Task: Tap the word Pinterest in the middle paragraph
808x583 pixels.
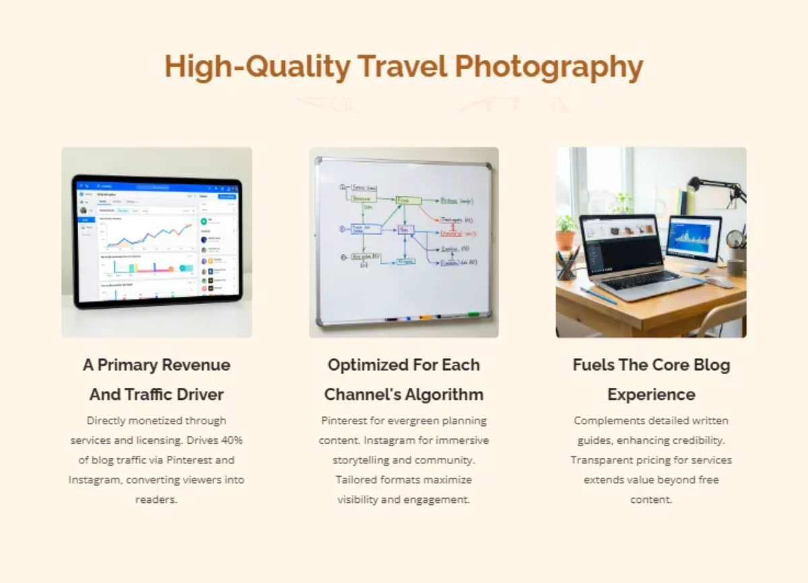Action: (x=348, y=421)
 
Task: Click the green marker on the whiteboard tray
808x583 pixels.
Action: (x=473, y=314)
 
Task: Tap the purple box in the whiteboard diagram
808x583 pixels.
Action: (x=405, y=230)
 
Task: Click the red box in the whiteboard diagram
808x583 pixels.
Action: (x=450, y=233)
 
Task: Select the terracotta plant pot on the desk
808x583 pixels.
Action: (x=566, y=240)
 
